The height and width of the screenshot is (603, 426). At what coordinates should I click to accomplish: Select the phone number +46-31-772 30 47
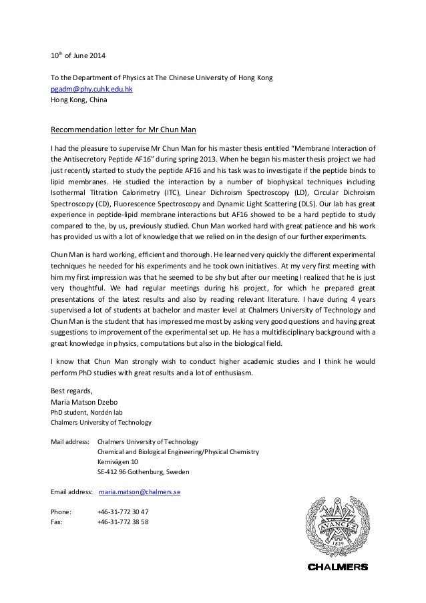pyautogui.click(x=123, y=512)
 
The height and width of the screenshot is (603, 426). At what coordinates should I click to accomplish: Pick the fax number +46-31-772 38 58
pyautogui.click(x=123, y=522)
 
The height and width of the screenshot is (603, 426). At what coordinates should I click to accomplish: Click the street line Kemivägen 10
pyautogui.click(x=118, y=461)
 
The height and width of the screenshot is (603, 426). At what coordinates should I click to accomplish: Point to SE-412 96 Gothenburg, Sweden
pyautogui.click(x=143, y=471)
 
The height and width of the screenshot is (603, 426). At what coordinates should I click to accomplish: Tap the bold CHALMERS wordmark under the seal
pyautogui.click(x=337, y=568)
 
